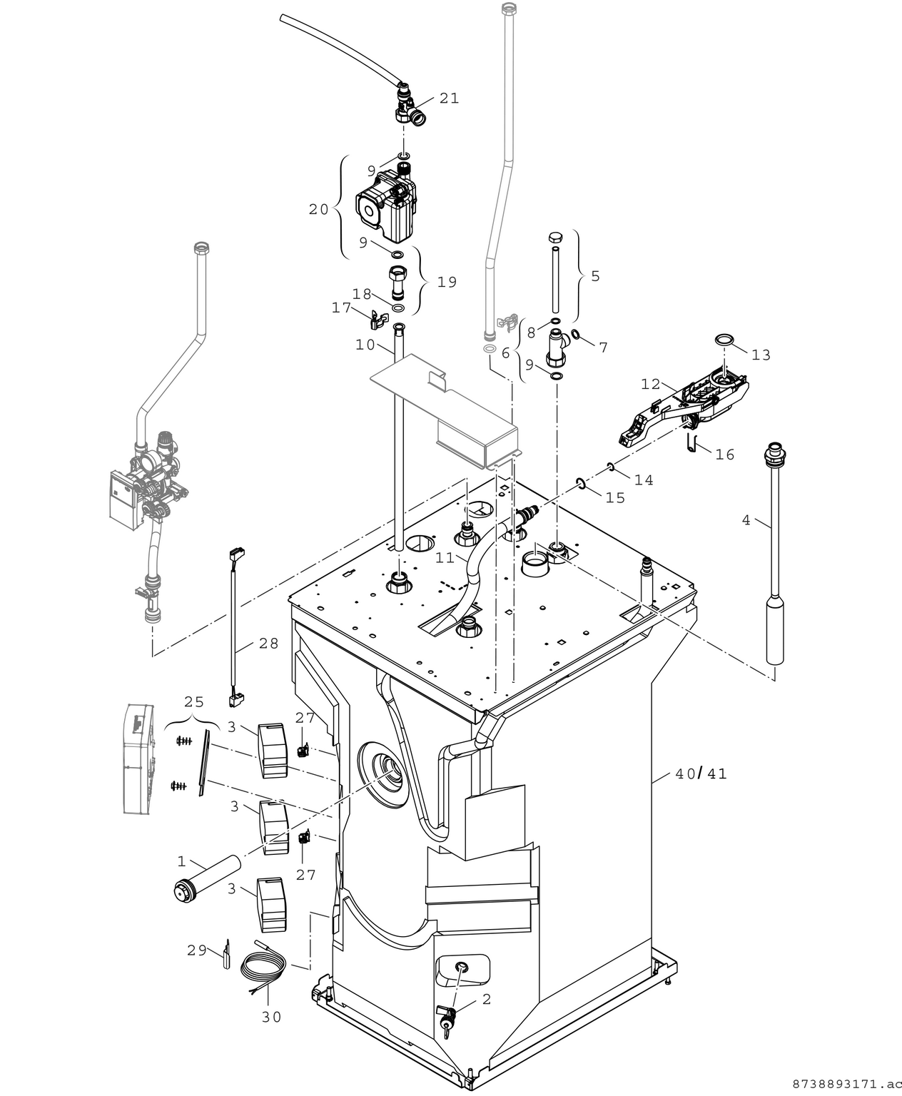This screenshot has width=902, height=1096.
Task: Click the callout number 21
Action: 449,98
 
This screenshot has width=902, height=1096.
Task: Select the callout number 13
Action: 761,355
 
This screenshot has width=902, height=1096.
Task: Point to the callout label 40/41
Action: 701,773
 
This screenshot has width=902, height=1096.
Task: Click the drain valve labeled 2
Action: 447,1014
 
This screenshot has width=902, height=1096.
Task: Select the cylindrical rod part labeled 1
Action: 207,876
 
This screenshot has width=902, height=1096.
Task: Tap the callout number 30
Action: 271,1017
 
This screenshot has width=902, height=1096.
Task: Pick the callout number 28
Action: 268,644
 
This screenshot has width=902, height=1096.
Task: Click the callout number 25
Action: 194,702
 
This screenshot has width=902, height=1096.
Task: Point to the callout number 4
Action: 746,520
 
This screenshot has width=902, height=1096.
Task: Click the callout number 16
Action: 724,455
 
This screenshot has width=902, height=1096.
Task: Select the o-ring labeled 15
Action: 581,485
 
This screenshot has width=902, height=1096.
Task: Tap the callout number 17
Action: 342,308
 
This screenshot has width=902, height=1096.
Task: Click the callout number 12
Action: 650,385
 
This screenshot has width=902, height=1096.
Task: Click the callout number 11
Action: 445,558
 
